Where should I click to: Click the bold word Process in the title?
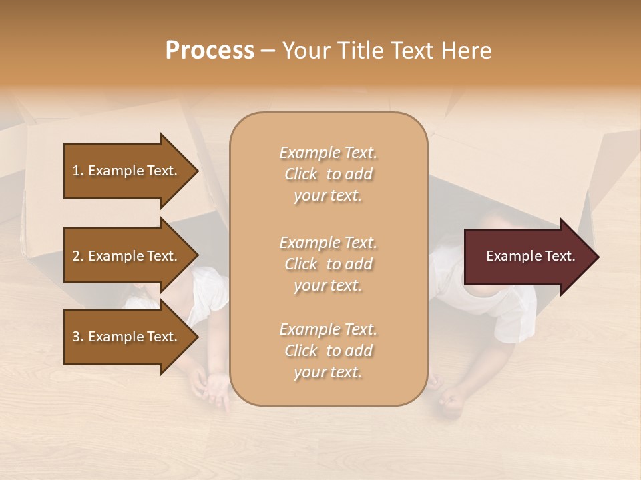pos(210,51)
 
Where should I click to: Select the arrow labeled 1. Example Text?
pos(127,171)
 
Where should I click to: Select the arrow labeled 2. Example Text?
pos(127,256)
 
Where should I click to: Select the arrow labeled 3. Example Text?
pos(127,337)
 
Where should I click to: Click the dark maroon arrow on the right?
pos(521,256)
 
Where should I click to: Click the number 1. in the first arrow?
pos(77,171)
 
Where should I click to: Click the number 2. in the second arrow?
pos(77,256)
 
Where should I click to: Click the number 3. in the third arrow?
pos(77,337)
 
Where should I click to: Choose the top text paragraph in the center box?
pos(328,174)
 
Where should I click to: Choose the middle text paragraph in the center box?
pos(328,264)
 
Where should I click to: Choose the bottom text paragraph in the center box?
pos(328,351)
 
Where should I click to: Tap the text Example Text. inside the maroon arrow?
pos(530,256)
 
